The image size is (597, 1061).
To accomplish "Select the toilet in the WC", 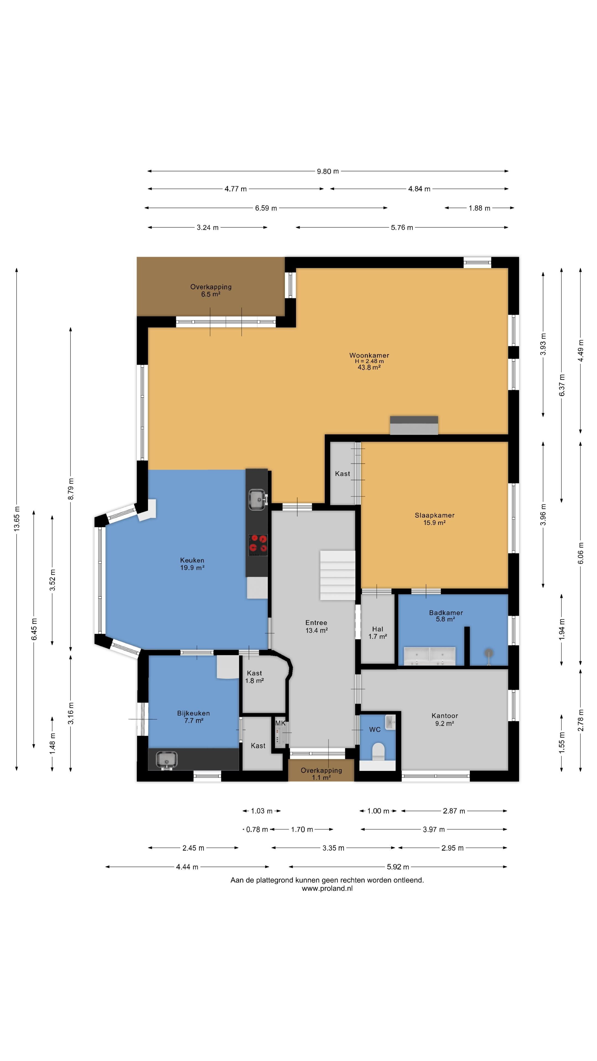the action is click(378, 751).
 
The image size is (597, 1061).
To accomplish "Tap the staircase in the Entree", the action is click(337, 575).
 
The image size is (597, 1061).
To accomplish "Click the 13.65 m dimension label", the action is click(17, 519).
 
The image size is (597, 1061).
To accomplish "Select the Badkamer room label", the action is click(446, 613).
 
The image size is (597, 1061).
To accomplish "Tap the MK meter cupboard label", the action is click(280, 723).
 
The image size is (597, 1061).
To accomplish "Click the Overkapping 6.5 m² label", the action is click(211, 290).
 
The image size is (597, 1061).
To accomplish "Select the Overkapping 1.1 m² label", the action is click(321, 774).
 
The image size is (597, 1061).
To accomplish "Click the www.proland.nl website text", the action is click(327, 888).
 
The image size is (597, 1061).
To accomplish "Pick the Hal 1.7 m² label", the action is click(377, 633).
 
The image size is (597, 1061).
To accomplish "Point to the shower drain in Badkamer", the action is click(489, 652).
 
